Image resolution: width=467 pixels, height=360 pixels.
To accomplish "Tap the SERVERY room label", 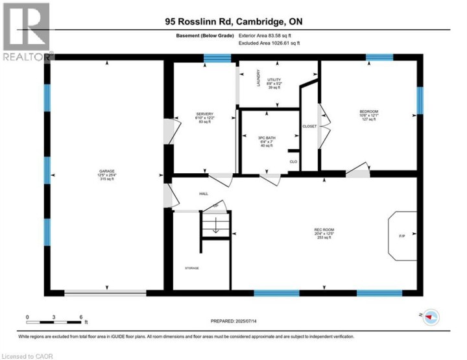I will point(204,114).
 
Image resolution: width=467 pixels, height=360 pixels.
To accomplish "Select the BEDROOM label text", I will point(368,112).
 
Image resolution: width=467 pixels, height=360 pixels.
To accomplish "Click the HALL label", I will point(203,193).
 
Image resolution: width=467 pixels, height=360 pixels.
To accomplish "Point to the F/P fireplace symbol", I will point(402,235).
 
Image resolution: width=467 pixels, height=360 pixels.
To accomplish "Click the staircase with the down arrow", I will point(215,228).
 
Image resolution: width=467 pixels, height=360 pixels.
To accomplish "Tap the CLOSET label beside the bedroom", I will point(309,126).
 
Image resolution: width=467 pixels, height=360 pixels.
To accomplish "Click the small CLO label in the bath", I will point(293,162).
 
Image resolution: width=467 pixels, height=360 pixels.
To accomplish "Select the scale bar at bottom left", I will point(54,320).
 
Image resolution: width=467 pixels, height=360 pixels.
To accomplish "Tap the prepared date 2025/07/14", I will point(233,321).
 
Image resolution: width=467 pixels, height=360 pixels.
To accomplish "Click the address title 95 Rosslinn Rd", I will point(233,22).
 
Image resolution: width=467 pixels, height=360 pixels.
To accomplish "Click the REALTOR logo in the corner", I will point(26,32).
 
